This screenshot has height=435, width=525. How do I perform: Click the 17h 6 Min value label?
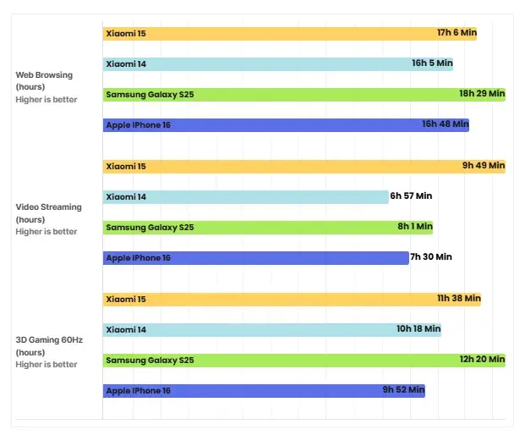coord(457,33)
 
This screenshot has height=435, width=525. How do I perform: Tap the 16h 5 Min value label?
coord(432,63)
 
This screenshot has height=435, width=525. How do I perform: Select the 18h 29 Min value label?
coord(482,94)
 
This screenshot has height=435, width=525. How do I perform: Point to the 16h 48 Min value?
coord(446,124)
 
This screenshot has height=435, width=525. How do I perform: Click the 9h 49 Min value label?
coord(484,166)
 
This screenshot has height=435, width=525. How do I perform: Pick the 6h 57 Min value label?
coord(411,196)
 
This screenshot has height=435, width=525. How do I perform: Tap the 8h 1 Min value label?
coord(415,227)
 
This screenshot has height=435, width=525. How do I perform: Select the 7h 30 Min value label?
coord(431,257)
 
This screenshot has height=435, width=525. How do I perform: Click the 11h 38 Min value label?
coord(459,299)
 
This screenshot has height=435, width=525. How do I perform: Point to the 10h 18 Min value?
coord(418,329)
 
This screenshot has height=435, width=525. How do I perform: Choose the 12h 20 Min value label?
coord(483,360)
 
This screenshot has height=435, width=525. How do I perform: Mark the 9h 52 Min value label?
coord(403,390)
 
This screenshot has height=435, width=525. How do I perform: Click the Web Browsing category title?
coord(44,75)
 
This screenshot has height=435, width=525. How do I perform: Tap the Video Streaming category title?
coord(49,207)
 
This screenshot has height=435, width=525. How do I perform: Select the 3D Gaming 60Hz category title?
coord(49,340)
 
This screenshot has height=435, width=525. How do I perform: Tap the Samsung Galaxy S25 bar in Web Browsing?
coord(304,94)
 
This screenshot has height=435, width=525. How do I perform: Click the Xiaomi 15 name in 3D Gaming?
coord(126,299)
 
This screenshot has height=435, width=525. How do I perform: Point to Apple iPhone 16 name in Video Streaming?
coord(138,257)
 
